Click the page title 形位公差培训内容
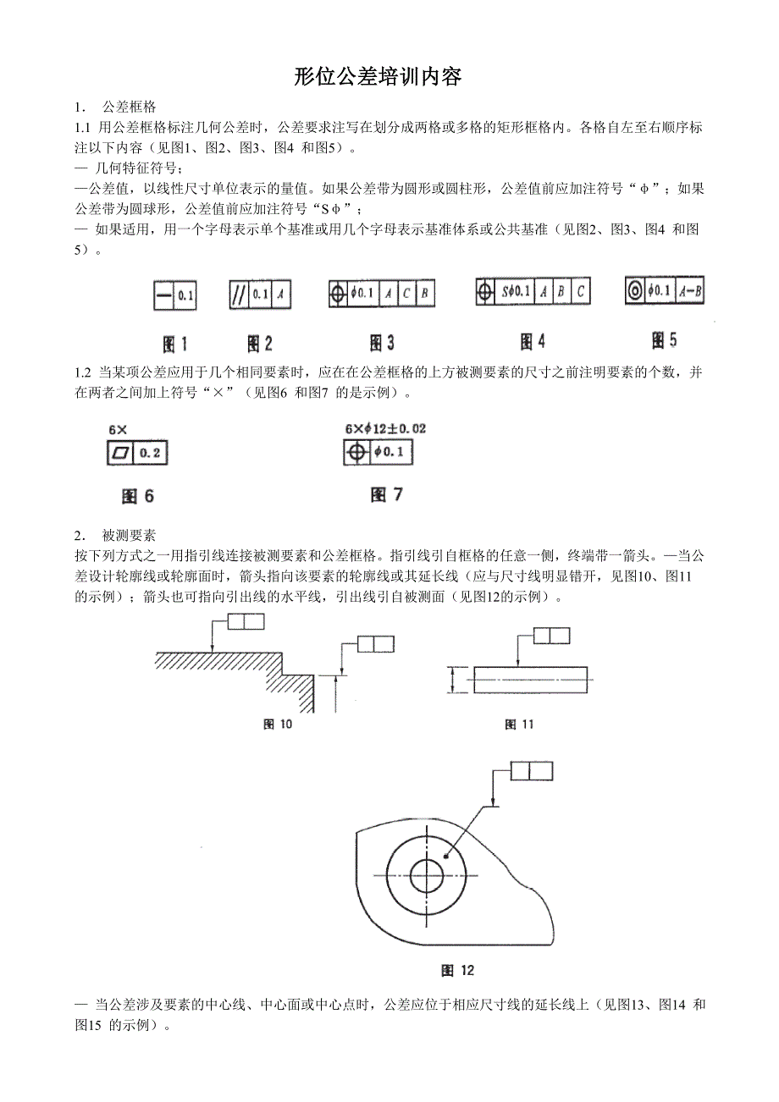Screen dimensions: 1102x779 pos(378,77)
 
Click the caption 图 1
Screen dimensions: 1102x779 pos(175,344)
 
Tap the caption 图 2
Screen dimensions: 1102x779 pos(260,344)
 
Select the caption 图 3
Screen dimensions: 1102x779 pos(382,343)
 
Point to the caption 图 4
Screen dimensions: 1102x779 pos(533,341)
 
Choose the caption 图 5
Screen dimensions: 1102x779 pos(665,340)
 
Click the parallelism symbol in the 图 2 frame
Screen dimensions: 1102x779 pos(238,295)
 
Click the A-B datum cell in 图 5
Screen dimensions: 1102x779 pos(689,291)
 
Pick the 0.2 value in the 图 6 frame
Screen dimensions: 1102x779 pos(151,453)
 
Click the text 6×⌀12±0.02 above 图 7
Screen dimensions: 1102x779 pos(385,429)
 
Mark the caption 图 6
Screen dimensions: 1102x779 pos(138,497)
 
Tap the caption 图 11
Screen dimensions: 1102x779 pos(520,724)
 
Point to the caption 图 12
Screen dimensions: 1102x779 pos(458,970)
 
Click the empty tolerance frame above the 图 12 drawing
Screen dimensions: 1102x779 pos(531,770)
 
